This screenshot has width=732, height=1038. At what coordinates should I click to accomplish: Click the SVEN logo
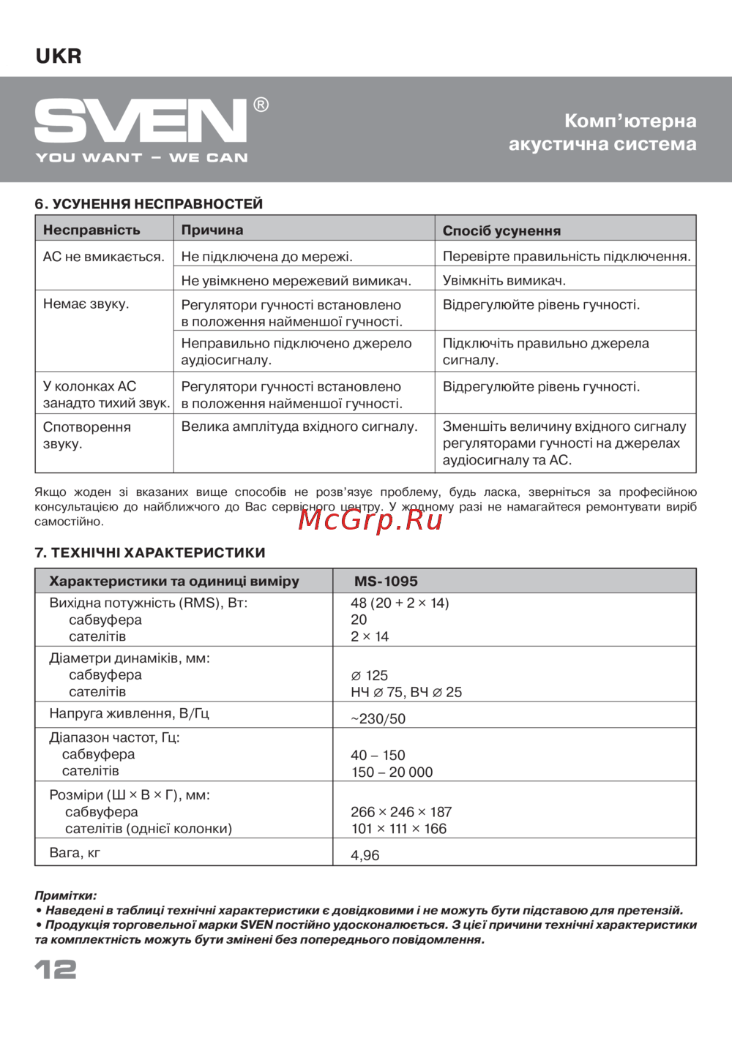click(x=141, y=121)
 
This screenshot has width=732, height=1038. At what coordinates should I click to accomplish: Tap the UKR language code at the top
click(x=59, y=56)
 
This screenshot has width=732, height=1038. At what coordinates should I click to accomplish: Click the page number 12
click(x=56, y=970)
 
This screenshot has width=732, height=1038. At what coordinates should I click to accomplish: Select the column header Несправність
click(x=91, y=230)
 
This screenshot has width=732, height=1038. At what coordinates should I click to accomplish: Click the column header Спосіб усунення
click(x=501, y=230)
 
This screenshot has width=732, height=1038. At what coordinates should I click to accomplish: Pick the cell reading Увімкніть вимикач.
click(x=504, y=280)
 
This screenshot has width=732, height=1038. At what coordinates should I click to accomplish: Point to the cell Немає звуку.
click(x=86, y=304)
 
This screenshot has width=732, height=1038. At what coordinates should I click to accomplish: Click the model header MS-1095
click(x=386, y=582)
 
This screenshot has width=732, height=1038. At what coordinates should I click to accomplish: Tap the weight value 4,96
click(x=365, y=855)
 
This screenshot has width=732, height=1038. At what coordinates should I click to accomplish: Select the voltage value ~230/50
click(x=378, y=719)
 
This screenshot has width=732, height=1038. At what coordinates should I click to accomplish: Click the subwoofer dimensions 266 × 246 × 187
click(x=401, y=812)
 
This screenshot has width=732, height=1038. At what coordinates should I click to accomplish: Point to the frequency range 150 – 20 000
click(x=392, y=772)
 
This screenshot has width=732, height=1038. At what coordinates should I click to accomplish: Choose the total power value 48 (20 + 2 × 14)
click(x=400, y=603)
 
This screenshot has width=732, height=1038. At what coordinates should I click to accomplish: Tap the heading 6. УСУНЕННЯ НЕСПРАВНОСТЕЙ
click(x=149, y=204)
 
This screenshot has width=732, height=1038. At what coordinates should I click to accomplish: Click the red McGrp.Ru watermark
click(x=370, y=519)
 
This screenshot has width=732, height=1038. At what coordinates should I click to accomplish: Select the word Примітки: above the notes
click(x=66, y=895)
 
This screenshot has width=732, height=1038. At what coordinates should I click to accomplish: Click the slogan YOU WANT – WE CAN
click(x=142, y=157)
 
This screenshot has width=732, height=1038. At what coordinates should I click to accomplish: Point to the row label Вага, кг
click(x=75, y=852)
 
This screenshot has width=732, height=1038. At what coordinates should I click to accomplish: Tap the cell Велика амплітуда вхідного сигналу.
click(x=299, y=426)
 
